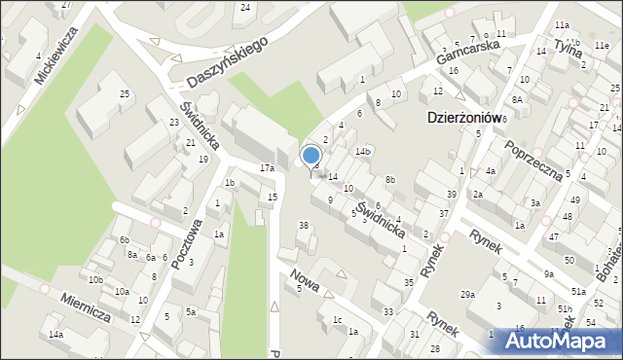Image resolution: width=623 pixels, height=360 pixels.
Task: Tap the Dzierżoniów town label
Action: (x=464, y=117)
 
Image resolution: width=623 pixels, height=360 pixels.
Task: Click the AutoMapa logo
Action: (x=562, y=341)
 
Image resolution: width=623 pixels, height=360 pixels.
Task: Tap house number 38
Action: (x=303, y=226)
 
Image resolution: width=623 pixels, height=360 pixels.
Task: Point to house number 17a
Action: (x=267, y=168)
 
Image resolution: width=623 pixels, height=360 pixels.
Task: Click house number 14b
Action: (x=363, y=152)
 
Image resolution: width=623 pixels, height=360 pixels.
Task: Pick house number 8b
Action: (x=390, y=180)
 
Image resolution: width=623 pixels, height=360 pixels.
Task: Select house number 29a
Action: (x=468, y=295)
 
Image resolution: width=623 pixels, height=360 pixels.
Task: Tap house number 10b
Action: (x=94, y=280)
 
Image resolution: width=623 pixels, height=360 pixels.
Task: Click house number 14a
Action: (x=56, y=336)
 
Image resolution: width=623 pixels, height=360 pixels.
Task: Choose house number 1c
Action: (x=337, y=319)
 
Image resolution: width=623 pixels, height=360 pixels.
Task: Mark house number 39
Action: (x=451, y=196)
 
